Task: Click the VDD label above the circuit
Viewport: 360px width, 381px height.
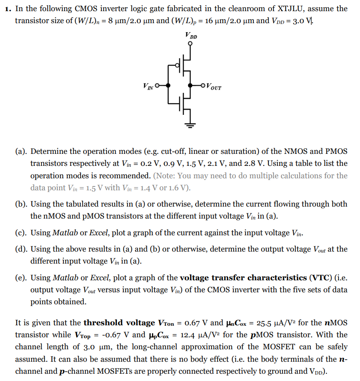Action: click(191, 36)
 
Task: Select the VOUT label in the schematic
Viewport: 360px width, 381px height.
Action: click(214, 87)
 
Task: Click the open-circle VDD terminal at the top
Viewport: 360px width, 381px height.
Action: click(190, 43)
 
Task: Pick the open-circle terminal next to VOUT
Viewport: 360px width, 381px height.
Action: click(203, 85)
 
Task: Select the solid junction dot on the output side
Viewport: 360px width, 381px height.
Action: click(190, 85)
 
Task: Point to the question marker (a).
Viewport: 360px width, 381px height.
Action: click(21, 152)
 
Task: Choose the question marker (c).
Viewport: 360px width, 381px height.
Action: click(21, 233)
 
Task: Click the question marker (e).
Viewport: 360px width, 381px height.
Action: click(21, 278)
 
